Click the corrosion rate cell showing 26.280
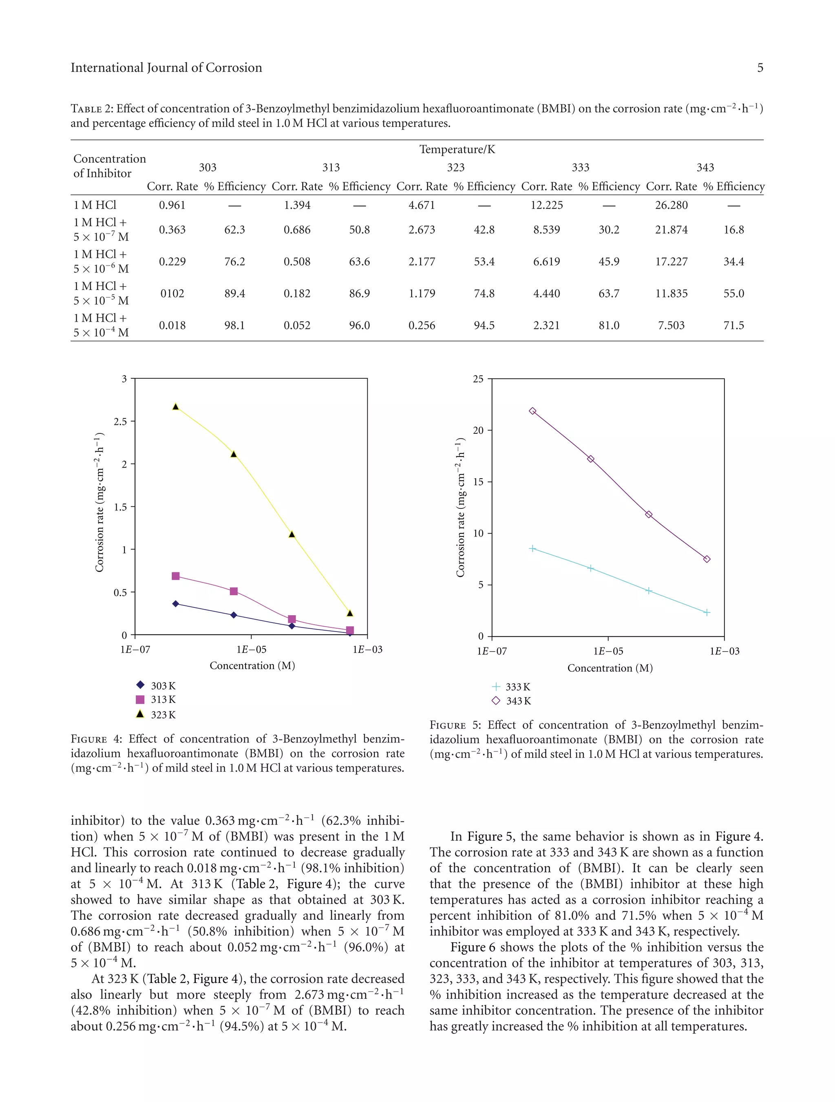(x=671, y=205)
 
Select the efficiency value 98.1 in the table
(x=234, y=325)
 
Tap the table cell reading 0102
(x=172, y=294)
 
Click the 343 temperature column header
(x=705, y=168)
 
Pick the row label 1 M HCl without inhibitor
(x=95, y=205)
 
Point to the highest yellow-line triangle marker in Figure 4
(x=175, y=406)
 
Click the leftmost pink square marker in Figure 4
(x=175, y=576)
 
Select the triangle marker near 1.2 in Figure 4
(x=292, y=534)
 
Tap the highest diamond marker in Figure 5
(x=532, y=411)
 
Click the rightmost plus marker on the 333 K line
(x=707, y=612)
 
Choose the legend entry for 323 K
(x=156, y=714)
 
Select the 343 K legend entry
(x=511, y=701)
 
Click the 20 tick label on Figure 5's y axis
(x=478, y=431)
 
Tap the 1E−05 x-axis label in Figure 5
(x=608, y=651)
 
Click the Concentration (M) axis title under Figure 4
(x=252, y=666)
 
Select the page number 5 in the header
(x=760, y=68)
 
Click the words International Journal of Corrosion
(x=166, y=68)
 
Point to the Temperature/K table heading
(x=457, y=150)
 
